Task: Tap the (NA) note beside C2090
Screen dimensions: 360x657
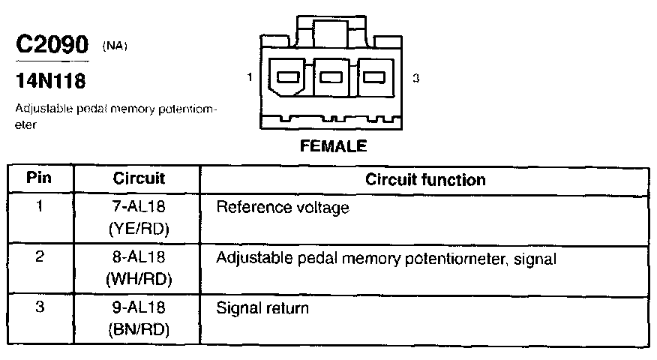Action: [115, 46]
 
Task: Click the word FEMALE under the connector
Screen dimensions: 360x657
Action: [333, 146]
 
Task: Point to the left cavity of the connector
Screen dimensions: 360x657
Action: [289, 76]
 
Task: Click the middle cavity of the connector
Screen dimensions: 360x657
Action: [332, 76]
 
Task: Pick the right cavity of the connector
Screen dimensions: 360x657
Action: [374, 76]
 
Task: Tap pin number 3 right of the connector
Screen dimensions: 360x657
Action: [415, 77]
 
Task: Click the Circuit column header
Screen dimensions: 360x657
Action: [139, 179]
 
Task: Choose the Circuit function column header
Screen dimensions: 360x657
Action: [425, 180]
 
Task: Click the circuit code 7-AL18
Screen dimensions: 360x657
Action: [139, 207]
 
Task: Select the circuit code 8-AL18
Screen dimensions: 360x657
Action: [139, 257]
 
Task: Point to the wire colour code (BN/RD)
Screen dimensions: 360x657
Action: [139, 329]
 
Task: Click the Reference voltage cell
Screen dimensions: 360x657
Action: [283, 208]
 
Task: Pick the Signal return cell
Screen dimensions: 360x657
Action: [262, 308]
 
